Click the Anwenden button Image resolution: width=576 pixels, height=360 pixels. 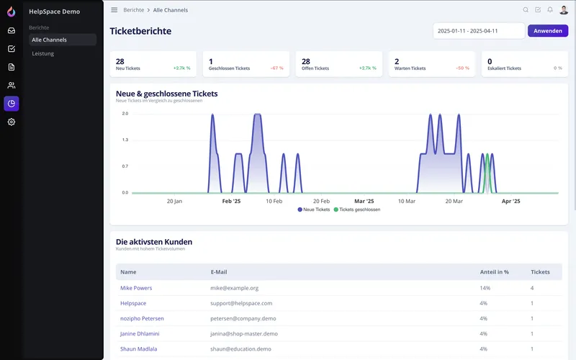547,31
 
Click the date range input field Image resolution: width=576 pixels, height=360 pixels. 479,31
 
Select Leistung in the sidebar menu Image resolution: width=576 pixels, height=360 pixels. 43,53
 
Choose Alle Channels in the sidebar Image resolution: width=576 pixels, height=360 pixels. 49,40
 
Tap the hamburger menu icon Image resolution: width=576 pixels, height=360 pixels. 114,10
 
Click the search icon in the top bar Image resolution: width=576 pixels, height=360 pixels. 526,10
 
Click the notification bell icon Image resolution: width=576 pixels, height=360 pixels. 550,10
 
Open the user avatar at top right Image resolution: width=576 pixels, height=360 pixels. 564,10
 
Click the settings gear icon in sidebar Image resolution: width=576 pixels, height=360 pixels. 12,122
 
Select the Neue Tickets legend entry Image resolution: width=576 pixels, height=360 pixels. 313,210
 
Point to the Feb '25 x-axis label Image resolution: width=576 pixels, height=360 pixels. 233,202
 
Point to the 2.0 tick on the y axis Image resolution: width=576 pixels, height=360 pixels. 125,114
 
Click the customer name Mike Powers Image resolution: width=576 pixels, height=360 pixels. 136,288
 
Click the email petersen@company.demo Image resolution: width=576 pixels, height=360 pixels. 242,318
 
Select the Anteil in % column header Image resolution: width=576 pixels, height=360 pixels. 494,272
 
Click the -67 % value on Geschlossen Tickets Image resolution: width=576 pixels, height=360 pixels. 276,68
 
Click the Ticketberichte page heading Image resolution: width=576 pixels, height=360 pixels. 140,31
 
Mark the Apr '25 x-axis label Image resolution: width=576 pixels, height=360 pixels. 510,202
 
